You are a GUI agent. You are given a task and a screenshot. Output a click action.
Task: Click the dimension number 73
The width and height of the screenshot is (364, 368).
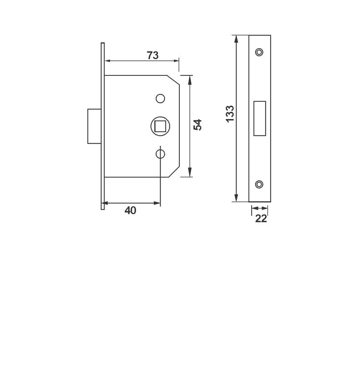click(x=152, y=55)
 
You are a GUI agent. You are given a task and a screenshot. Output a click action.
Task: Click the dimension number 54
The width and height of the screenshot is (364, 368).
click(x=197, y=125)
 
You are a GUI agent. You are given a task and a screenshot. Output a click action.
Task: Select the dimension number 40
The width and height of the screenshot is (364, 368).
click(x=131, y=210)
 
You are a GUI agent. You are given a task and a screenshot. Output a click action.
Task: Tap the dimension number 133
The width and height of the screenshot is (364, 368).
click(x=230, y=114)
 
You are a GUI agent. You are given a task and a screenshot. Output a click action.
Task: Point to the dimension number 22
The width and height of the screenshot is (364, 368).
click(x=261, y=219)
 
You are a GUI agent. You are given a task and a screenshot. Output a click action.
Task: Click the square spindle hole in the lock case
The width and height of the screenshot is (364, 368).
click(x=160, y=125)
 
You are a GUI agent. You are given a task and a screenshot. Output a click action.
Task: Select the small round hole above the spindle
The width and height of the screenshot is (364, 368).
click(x=160, y=98)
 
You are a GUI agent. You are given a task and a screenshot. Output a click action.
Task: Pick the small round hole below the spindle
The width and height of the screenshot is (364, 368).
click(x=160, y=154)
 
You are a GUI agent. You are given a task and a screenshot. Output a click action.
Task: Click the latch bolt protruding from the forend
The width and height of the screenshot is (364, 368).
click(x=94, y=126)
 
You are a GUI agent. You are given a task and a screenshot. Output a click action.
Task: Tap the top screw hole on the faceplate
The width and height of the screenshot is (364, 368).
click(x=259, y=52)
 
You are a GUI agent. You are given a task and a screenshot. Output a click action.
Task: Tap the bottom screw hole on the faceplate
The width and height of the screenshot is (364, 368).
click(x=259, y=184)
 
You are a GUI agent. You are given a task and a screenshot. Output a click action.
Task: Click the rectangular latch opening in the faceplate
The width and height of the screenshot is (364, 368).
click(x=260, y=118)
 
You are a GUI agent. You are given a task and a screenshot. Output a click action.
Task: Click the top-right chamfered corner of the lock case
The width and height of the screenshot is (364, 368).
click(x=174, y=80)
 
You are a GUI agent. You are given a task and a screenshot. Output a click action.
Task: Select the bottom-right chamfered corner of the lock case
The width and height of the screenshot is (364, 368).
click(x=174, y=172)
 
